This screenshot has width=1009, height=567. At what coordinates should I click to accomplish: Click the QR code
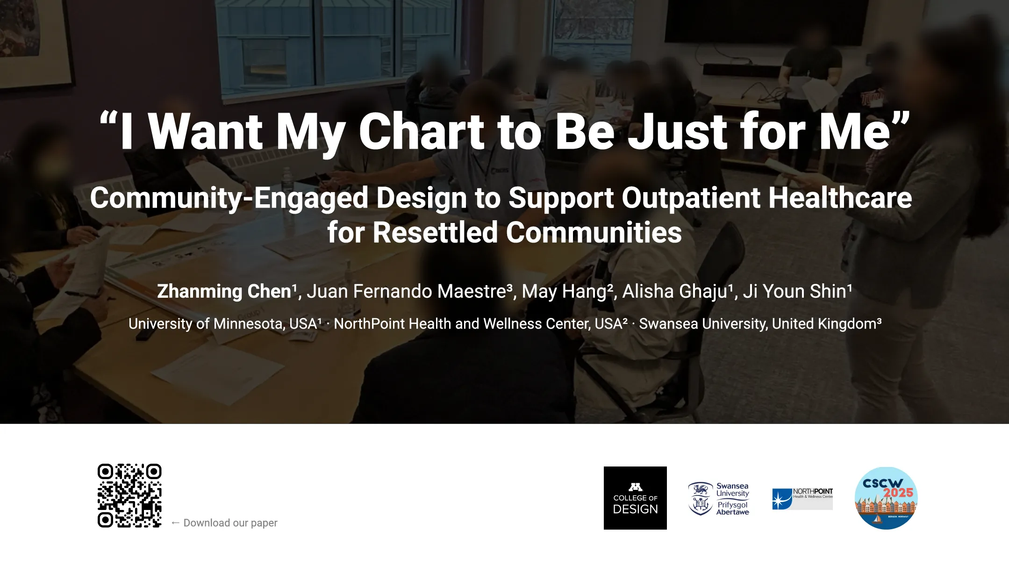[129, 495]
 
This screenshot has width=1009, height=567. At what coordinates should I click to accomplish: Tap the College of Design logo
[635, 498]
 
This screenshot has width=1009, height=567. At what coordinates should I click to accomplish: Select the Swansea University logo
[719, 498]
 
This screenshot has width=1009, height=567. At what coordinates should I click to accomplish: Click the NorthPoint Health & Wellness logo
[802, 498]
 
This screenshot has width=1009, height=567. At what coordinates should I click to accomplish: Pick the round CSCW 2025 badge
[886, 498]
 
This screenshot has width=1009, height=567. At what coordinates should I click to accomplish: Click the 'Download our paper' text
[230, 523]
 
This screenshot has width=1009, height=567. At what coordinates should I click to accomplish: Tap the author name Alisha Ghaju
[675, 291]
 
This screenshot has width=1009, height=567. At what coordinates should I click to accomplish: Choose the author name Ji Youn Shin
[795, 291]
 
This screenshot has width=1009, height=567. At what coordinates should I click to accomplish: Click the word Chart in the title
[422, 132]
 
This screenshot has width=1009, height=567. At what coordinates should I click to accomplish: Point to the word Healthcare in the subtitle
[840, 198]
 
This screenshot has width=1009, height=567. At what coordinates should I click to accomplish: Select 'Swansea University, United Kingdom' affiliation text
[758, 323]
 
